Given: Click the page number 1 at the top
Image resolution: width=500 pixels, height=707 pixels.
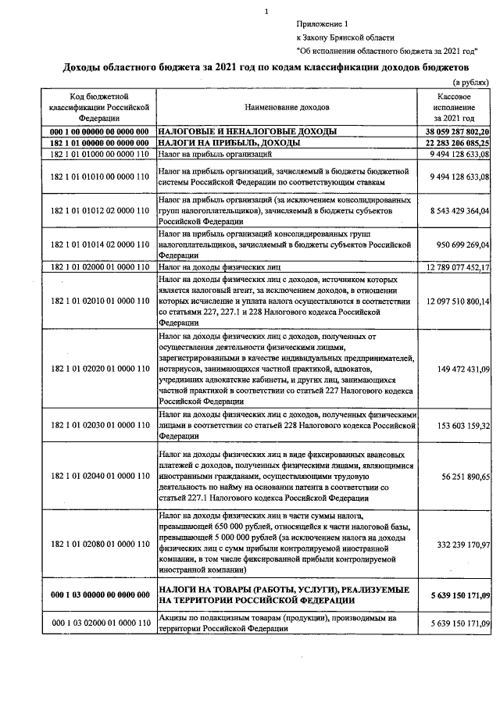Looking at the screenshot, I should (266, 11).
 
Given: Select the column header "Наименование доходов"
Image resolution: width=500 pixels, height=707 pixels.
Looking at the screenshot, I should (287, 105).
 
